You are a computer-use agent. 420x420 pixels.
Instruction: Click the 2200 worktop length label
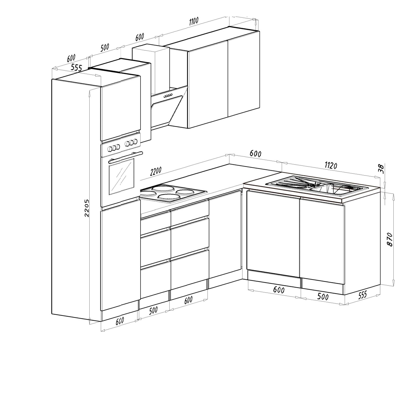coord(156,171)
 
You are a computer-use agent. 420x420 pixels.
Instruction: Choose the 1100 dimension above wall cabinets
coord(194,21)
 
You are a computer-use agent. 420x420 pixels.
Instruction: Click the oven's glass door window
coord(121,178)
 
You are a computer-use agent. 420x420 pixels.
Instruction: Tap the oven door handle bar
coord(126,157)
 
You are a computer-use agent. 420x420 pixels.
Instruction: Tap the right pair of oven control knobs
coord(131,143)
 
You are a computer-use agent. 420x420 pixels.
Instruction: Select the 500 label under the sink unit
coord(323,297)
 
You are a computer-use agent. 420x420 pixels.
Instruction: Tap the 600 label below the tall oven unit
coord(120,321)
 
